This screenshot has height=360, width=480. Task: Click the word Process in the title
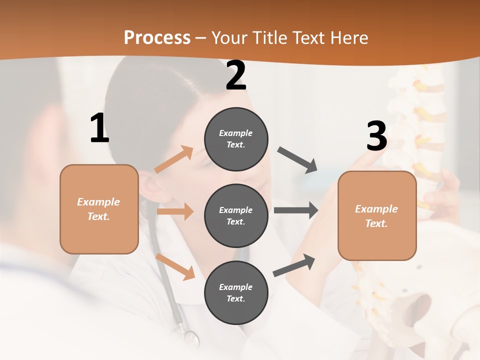point(157,37)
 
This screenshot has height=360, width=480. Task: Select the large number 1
point(99,128)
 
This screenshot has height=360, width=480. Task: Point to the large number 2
point(236,76)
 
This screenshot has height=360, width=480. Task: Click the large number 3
point(377,136)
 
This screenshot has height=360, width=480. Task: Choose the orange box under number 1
point(99,209)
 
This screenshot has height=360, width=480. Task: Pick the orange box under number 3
point(377,215)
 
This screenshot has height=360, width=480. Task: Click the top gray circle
point(236,139)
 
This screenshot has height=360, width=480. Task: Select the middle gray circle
point(236,215)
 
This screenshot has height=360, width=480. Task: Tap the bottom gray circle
point(236,292)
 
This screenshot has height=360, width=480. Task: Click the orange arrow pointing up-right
point(174,159)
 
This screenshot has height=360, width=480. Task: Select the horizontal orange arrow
point(175,211)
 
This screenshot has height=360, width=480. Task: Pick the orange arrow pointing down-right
point(175,266)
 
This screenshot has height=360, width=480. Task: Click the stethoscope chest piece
point(190,338)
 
